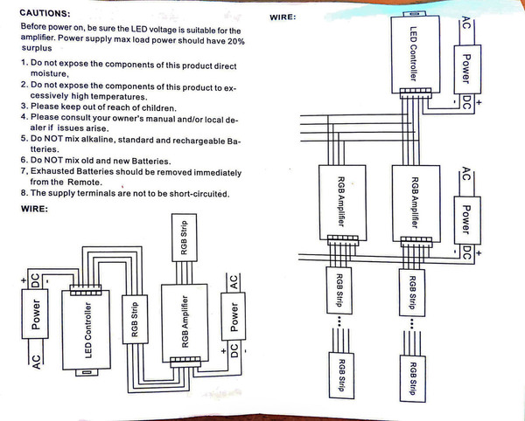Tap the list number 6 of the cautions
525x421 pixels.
click(x=22, y=161)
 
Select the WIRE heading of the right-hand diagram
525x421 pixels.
click(x=285, y=17)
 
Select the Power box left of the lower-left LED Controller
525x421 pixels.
click(x=37, y=316)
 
